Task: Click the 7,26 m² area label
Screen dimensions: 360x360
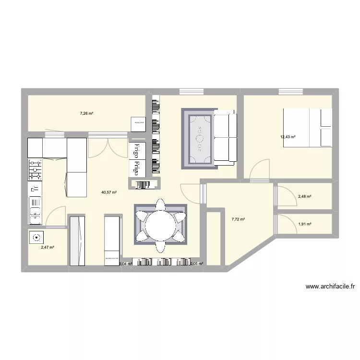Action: (x=86, y=114)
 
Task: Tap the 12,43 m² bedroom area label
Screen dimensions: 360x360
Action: (x=288, y=137)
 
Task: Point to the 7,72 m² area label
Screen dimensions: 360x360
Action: (x=238, y=219)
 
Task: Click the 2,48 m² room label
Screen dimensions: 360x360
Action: (x=305, y=196)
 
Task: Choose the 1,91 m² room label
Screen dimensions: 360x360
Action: (x=305, y=224)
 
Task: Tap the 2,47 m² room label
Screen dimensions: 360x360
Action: (x=47, y=247)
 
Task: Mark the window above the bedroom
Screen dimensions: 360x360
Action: (x=292, y=91)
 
